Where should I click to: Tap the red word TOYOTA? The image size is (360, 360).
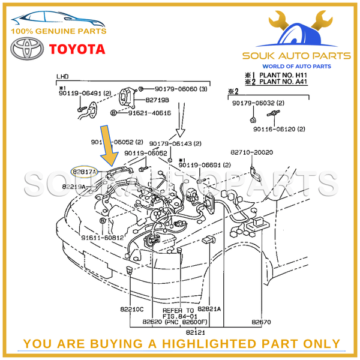point(77,49)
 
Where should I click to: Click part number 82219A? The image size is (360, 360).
point(76,187)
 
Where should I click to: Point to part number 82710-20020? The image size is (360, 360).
point(252,152)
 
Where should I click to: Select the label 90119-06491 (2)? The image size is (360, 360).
point(85,94)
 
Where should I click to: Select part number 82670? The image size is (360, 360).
point(262,322)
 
